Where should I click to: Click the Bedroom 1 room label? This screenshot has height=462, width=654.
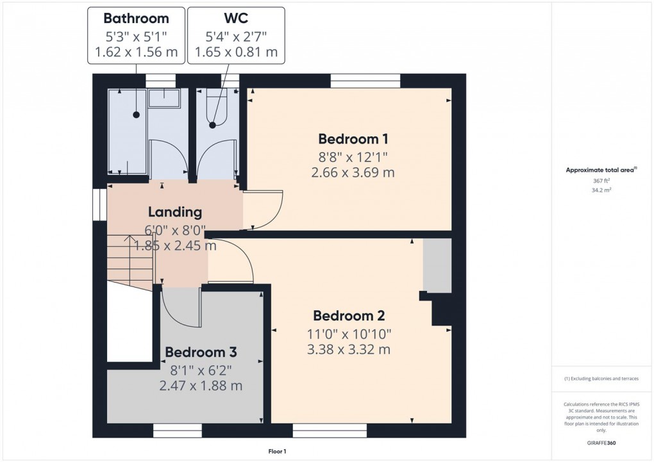353,139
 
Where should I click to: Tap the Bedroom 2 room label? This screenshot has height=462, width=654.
348,316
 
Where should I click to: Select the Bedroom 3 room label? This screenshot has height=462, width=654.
201,352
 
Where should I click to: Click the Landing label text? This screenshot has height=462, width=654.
175,212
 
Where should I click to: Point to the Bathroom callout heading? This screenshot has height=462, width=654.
136,18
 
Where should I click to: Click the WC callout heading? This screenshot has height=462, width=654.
236,18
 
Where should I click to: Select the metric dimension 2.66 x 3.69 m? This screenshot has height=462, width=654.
353,172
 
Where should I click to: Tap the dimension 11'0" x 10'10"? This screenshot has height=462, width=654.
348,333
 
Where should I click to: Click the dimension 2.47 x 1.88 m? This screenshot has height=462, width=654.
201,386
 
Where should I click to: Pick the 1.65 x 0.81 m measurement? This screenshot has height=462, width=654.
236,52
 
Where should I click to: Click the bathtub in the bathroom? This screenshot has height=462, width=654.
128,131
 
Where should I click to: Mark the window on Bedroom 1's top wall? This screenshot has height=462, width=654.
365,81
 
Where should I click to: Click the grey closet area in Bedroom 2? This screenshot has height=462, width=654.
437,265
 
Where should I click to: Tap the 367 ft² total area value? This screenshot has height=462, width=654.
600,181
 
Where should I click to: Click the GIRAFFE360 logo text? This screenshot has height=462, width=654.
600,443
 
